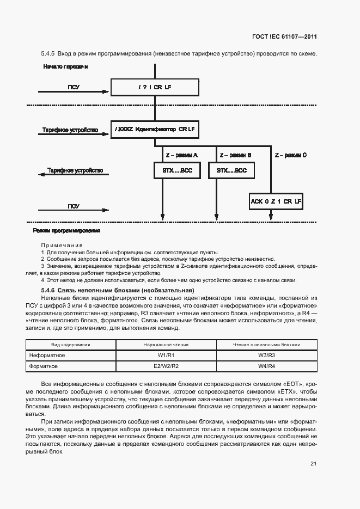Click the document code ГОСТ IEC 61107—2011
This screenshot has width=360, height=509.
pyautogui.click(x=285, y=37)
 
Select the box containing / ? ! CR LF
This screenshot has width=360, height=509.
pyautogui.click(x=155, y=87)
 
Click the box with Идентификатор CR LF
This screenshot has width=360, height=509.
pyautogui.click(x=155, y=130)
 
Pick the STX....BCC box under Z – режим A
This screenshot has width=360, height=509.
pyautogui.click(x=177, y=170)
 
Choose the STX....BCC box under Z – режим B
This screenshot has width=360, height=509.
pyautogui.click(x=231, y=170)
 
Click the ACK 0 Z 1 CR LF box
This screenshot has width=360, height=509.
pyautogui.click(x=276, y=201)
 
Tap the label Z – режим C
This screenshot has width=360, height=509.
pyautogui.click(x=290, y=155)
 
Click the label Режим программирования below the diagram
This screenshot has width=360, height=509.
pyautogui.click(x=66, y=230)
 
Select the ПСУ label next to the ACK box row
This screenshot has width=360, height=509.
pyautogui.click(x=74, y=206)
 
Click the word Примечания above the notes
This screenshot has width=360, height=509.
pyautogui.click(x=62, y=246)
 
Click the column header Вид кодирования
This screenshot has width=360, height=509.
pyautogui.click(x=71, y=345)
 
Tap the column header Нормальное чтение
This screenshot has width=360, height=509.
pyautogui.click(x=166, y=345)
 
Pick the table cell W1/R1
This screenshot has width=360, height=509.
pyautogui.click(x=166, y=355)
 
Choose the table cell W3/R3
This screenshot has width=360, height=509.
pyautogui.click(x=266, y=355)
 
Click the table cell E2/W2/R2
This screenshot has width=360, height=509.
pyautogui.click(x=166, y=366)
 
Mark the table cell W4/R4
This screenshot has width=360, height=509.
pyautogui.click(x=266, y=366)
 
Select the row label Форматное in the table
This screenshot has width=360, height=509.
pyautogui.click(x=44, y=366)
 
